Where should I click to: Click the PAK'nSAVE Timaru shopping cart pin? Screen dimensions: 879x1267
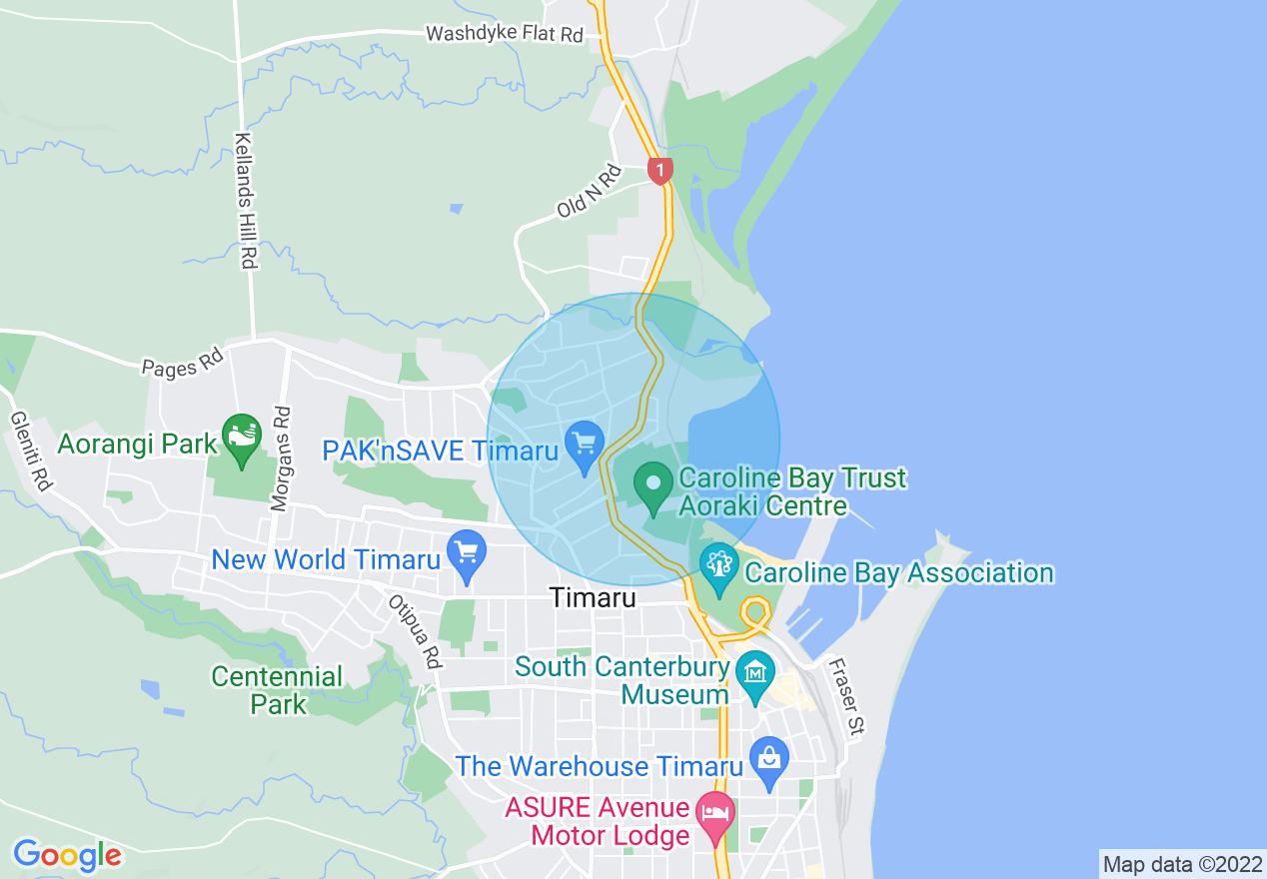(585, 440)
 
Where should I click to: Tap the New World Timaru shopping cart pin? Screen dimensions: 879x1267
(467, 552)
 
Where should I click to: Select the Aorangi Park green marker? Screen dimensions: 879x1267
(241, 437)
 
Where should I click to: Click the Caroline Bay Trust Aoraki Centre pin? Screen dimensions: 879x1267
(653, 484)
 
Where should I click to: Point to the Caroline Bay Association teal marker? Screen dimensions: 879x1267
(718, 565)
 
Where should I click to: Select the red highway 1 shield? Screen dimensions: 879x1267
(659, 170)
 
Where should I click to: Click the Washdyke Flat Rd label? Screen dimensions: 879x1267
(505, 34)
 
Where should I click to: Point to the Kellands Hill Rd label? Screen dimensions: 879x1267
(246, 201)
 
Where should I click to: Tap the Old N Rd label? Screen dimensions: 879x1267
(590, 192)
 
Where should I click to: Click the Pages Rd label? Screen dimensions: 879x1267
(182, 362)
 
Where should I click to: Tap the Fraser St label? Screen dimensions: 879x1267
(845, 696)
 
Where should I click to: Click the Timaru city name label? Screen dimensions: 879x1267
(593, 598)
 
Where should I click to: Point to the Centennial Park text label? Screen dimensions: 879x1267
(277, 690)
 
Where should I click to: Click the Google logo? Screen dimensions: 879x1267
(67, 855)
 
